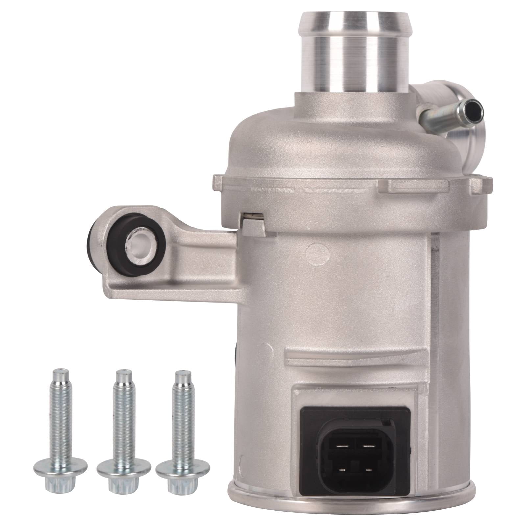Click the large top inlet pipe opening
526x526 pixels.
[354, 17]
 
